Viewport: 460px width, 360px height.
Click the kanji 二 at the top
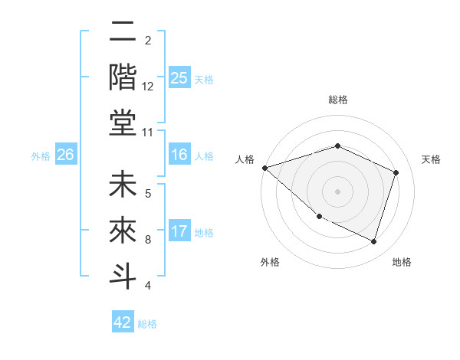pos(123,33)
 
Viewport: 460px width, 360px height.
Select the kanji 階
pos(123,77)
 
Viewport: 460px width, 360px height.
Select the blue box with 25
pos(179,77)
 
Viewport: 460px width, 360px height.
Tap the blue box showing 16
pos(179,155)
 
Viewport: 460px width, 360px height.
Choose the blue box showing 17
pos(179,231)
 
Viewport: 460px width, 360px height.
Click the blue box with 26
pos(65,155)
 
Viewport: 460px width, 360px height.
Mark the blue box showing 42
pos(123,322)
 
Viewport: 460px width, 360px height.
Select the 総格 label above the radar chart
pos(337,100)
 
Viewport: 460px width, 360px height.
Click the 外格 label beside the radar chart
pos(270,262)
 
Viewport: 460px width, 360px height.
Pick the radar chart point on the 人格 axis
pos(264,167)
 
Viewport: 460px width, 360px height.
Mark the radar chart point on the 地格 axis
pos(373,241)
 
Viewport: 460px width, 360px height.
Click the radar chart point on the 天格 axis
pos(396,172)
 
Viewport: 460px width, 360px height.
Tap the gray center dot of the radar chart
pos(337,191)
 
